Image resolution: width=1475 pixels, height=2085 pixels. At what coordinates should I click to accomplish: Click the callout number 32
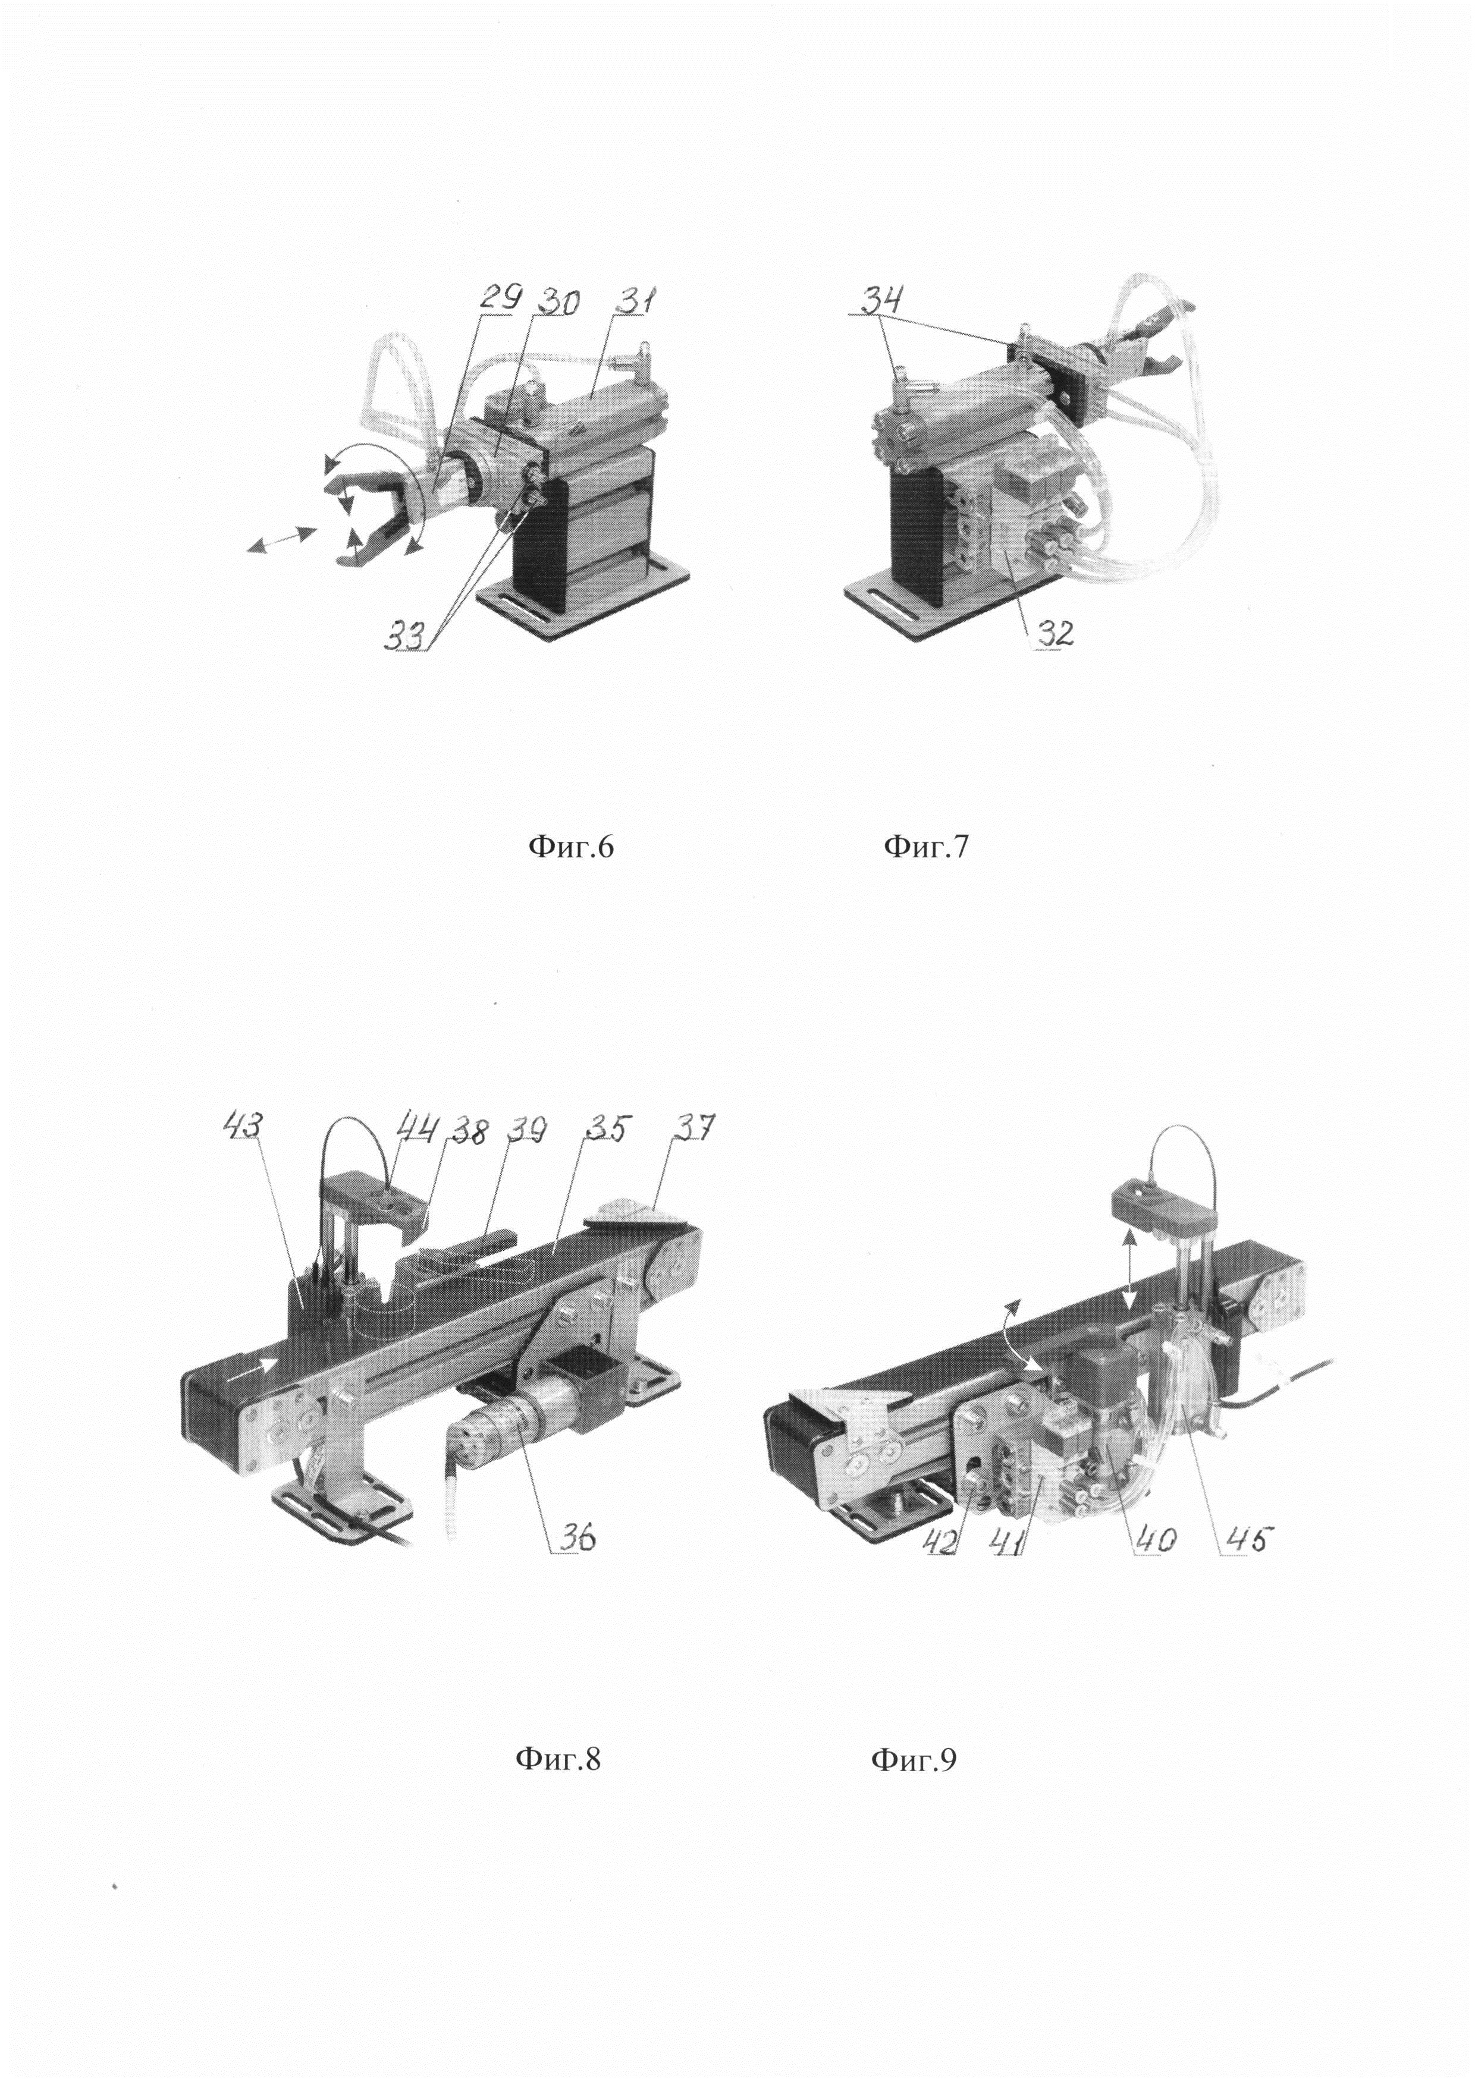(x=1051, y=632)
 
